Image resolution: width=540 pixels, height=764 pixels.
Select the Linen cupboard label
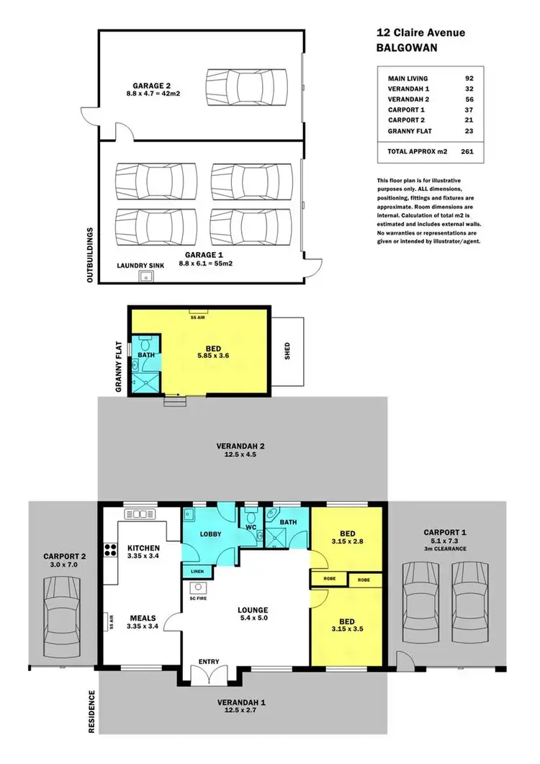197,570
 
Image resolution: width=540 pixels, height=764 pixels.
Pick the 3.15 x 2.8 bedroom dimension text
349,541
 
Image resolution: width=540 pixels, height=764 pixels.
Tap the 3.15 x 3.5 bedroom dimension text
349,629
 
